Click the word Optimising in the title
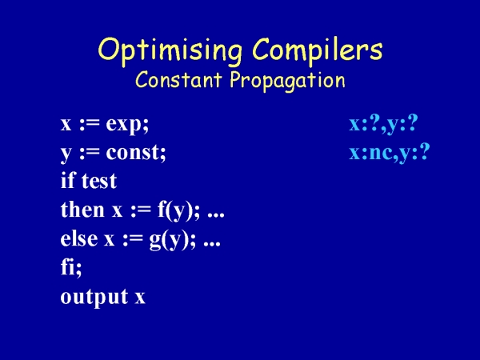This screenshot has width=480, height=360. coord(170,51)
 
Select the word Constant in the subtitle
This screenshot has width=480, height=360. coord(178,80)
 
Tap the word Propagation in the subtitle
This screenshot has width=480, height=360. coord(287,81)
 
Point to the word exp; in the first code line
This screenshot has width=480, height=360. coord(127,125)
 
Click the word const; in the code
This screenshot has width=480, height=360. coord(136,152)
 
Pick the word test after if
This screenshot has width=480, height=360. coord(99,181)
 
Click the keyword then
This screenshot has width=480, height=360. coord(82,209)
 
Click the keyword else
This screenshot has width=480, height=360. coord(79,238)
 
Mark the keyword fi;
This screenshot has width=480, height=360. coord(71,267)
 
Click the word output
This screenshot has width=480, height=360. coord(94,297)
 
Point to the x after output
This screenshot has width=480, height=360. coord(140,298)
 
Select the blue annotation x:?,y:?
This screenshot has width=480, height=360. coord(383,124)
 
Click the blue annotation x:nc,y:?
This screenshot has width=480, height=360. coord(390,152)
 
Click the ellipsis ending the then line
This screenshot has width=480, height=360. coord(216,215)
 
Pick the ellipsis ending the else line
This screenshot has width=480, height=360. coord(212,244)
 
